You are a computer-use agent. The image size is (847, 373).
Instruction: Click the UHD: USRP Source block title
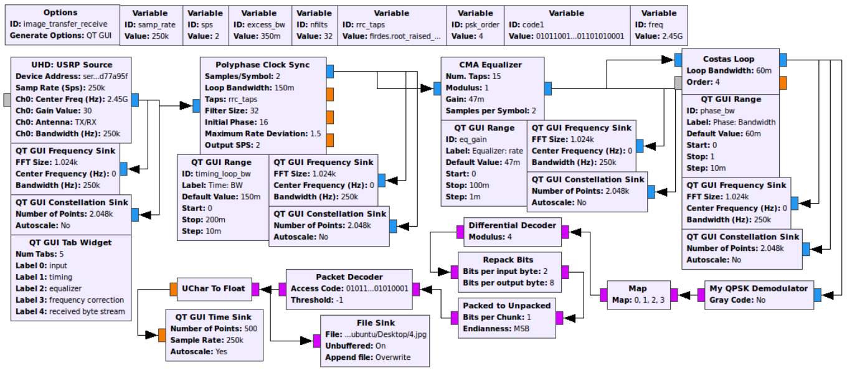coord(72,65)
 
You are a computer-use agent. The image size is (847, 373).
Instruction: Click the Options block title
coord(61,12)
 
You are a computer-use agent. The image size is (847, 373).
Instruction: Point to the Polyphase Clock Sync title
coord(262,65)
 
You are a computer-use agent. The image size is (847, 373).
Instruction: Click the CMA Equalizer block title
coord(490,65)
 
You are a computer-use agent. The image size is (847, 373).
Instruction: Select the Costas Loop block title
coord(728,59)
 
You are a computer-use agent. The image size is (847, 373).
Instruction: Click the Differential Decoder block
coord(513,232)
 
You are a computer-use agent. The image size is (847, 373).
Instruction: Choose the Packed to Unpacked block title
coord(507,305)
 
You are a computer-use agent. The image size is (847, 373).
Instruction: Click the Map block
coord(638,295)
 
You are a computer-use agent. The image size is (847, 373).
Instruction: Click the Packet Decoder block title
coord(349,276)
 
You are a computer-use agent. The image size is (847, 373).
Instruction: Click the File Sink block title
coord(374,323)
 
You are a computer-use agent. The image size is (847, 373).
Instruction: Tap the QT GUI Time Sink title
coord(212,317)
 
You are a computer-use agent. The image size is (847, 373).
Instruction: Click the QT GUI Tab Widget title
coord(70,242)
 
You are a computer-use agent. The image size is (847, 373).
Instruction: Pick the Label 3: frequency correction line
coord(70,300)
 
